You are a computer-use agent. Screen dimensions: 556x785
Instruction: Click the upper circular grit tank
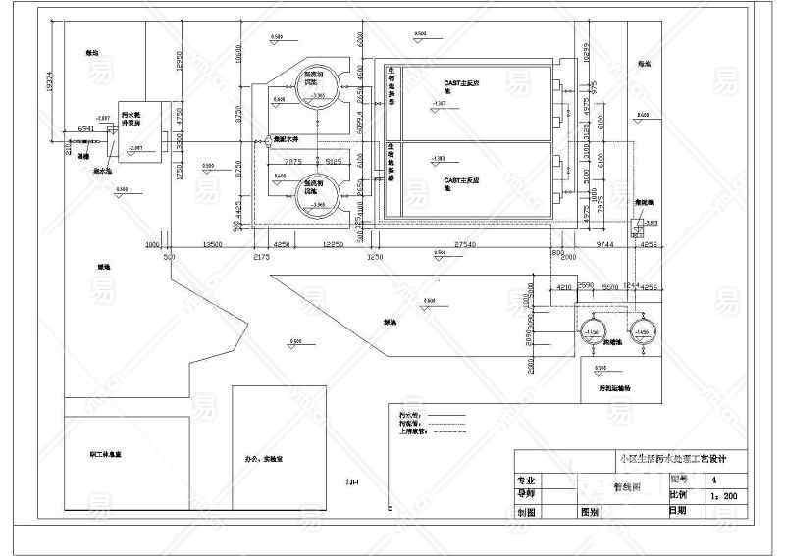click(320, 84)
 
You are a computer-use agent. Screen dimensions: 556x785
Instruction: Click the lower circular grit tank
click(320, 192)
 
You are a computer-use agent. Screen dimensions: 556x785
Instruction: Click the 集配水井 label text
click(284, 140)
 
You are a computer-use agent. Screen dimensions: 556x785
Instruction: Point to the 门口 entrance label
click(352, 482)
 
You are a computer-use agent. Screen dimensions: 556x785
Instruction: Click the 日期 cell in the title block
click(678, 511)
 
